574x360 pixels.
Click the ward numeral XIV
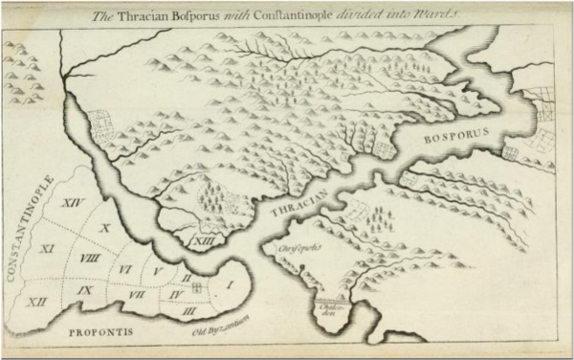[69, 203]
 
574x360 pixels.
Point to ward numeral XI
[44, 249]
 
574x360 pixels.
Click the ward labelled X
[105, 228]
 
